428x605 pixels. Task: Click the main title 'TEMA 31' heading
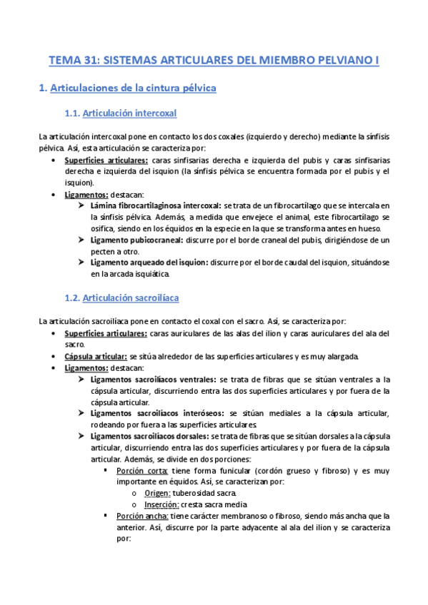click(x=214, y=61)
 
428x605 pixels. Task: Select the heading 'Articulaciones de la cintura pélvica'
click(x=127, y=88)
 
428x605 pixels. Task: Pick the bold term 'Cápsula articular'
click(x=96, y=356)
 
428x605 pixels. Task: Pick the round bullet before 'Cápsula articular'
click(x=55, y=356)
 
